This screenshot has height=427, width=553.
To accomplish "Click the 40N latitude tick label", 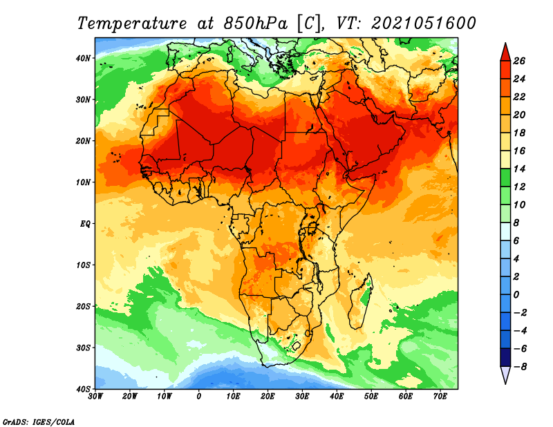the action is tap(83, 58).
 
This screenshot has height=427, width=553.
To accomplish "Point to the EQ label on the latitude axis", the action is tap(85, 224).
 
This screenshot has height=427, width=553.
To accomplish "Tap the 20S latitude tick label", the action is tap(83, 306).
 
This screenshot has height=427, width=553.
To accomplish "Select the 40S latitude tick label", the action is tap(83, 389).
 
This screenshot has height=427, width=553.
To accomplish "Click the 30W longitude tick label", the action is tap(95, 397).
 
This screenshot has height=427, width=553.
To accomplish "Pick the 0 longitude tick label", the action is tap(199, 397).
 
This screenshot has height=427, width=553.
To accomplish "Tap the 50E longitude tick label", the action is tap(371, 397).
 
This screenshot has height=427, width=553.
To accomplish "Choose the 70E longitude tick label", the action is tap(440, 397).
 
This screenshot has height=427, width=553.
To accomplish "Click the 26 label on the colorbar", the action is tap(519, 61).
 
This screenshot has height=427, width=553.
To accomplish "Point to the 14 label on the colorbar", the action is tap(519, 169).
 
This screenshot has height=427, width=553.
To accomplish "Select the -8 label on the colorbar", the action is tap(519, 367).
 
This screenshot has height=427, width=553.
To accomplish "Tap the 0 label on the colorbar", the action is tap(516, 295).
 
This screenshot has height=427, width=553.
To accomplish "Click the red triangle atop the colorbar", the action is tap(505, 53).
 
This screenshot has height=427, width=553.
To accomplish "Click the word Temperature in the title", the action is tap(131, 23).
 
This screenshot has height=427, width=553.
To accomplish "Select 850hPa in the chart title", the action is tap(255, 23).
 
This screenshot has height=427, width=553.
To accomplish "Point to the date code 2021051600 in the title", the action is tap(424, 23).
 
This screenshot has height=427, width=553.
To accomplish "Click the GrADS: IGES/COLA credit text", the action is tap(39, 421).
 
